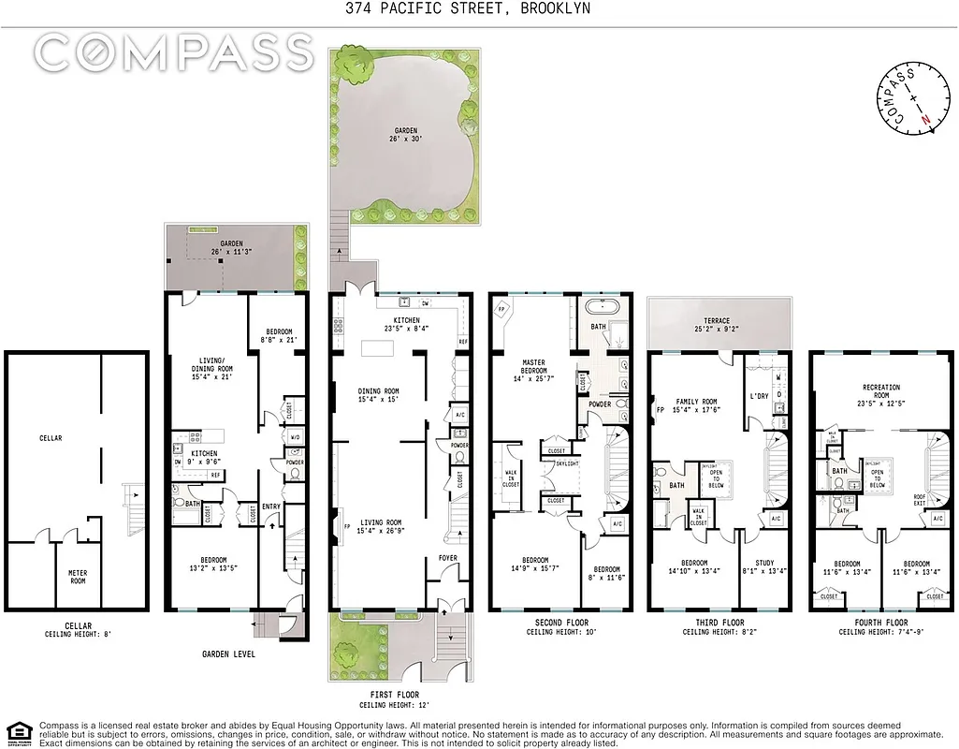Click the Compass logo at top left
(x=175, y=52)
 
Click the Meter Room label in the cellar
(x=78, y=577)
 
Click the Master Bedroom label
(x=531, y=366)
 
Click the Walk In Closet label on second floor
(x=510, y=478)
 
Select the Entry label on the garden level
(x=271, y=507)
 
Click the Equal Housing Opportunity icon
(x=17, y=731)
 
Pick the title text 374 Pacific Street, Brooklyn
(x=479, y=9)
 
